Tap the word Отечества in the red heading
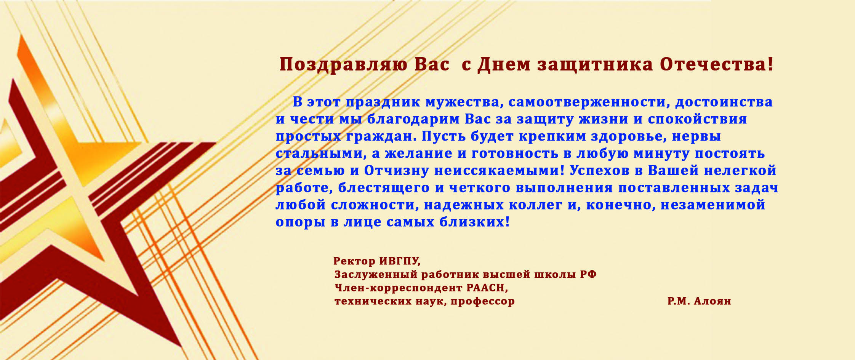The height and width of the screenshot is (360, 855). [717, 64]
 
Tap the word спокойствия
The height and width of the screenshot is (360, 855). [697, 120]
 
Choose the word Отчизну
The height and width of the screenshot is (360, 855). [397, 170]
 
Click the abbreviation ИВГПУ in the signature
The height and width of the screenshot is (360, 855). [400, 261]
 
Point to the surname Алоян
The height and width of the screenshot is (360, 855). [712, 301]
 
